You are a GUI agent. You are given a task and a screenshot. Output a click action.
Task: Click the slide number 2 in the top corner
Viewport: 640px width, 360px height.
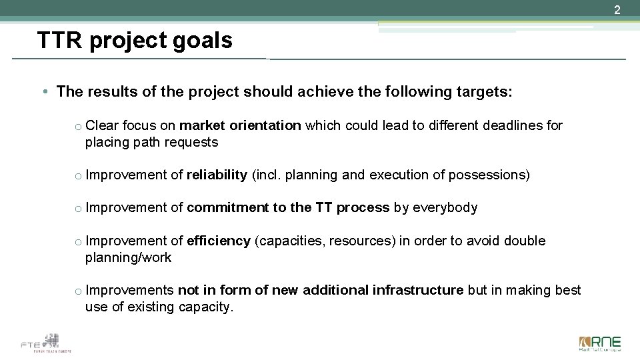pyautogui.click(x=617, y=10)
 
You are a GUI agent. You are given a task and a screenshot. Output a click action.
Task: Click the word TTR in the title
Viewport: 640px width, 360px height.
pyautogui.click(x=60, y=41)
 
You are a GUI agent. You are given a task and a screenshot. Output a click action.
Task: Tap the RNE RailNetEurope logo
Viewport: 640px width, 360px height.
pyautogui.click(x=599, y=343)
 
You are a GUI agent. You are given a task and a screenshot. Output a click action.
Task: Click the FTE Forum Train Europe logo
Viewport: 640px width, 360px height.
pyautogui.click(x=46, y=343)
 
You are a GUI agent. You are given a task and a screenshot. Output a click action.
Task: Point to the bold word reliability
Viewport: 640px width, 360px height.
pyautogui.click(x=217, y=175)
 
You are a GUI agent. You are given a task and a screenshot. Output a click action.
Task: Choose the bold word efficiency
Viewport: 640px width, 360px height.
pyautogui.click(x=219, y=241)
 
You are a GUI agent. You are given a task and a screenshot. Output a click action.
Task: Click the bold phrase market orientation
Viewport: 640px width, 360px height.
pyautogui.click(x=241, y=125)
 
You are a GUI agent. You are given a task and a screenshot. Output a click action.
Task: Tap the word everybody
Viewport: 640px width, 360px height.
pyautogui.click(x=445, y=207)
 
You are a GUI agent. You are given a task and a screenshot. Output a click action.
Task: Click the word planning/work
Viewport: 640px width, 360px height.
pyautogui.click(x=128, y=257)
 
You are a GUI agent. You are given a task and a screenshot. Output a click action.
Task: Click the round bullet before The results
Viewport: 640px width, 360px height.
pyautogui.click(x=43, y=92)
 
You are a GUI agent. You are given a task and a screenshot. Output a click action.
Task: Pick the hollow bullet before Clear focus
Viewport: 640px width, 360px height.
pyautogui.click(x=78, y=127)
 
